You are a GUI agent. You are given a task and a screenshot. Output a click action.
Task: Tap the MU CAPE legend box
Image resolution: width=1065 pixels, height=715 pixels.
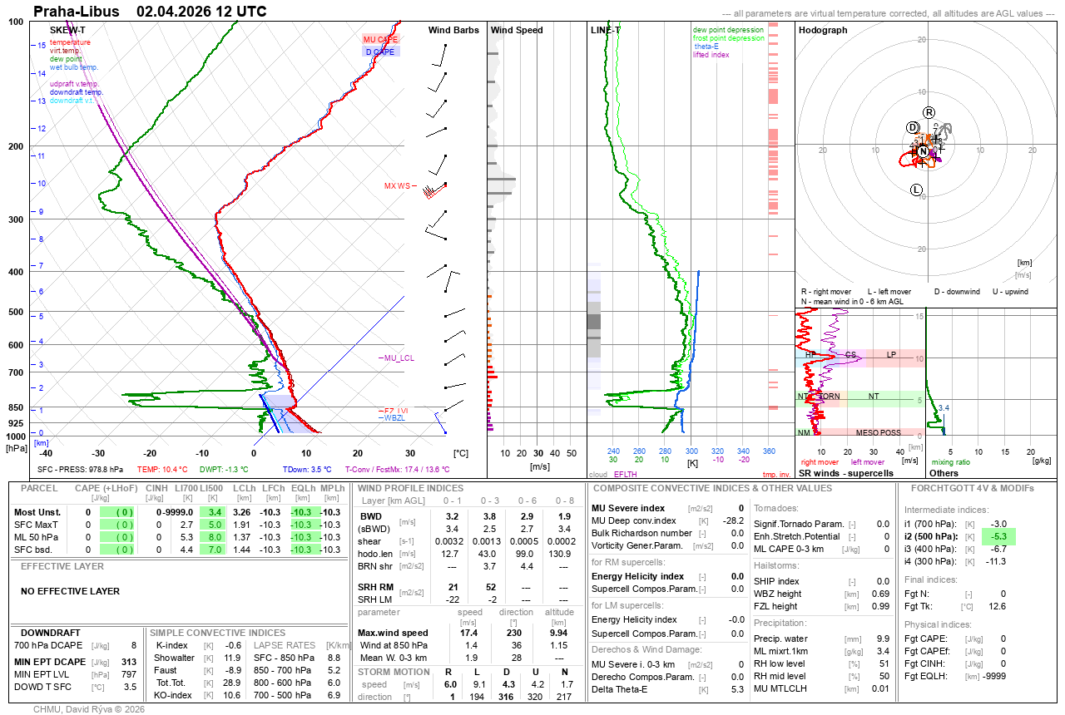380,39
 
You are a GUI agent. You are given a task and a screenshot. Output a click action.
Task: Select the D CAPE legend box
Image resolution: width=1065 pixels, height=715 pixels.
380,52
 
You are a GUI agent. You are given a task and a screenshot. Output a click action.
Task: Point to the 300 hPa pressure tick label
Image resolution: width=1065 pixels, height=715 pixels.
15,219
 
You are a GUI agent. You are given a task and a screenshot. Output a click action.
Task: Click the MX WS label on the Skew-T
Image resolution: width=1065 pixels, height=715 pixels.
397,186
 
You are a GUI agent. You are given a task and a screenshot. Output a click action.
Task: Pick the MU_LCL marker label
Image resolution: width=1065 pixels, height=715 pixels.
399,358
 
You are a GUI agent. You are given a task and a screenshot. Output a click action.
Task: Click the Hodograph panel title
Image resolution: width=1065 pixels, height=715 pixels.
823,30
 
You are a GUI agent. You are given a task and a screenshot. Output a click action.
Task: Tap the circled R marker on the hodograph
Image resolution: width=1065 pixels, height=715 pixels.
929,112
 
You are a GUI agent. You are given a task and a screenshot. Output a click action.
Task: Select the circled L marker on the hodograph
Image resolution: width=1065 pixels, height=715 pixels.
917,190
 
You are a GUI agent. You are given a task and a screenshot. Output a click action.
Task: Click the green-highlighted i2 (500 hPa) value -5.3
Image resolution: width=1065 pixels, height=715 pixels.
998,536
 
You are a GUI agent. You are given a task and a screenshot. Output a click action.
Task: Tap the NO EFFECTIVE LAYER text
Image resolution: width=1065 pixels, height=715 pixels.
70,592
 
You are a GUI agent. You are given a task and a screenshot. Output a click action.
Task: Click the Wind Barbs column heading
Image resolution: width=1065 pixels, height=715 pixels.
453,30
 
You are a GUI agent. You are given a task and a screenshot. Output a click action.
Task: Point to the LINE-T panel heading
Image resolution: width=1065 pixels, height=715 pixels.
606,30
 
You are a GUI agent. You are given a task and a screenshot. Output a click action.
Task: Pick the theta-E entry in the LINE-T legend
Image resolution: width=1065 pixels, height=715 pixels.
706,47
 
